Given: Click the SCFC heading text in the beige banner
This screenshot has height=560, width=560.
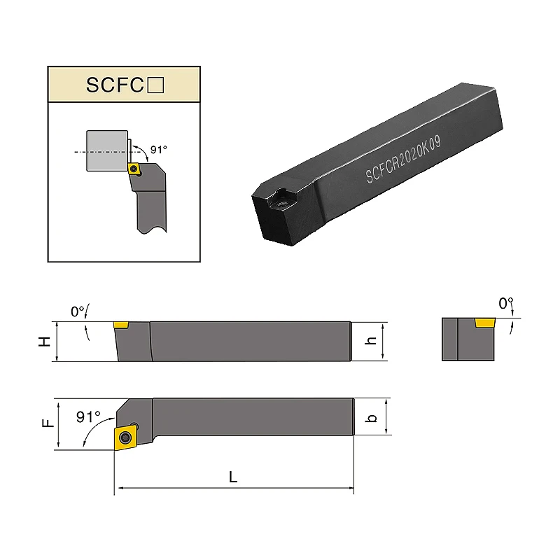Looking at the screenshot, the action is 115,85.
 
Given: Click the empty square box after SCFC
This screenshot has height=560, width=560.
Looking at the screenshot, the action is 155,85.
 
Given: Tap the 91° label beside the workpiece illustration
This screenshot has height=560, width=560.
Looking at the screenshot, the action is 159,150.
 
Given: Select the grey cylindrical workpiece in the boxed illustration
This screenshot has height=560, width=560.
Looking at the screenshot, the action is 107,150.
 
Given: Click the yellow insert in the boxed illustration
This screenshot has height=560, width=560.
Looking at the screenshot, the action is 134,169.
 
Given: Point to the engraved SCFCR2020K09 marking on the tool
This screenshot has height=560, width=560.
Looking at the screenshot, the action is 403,159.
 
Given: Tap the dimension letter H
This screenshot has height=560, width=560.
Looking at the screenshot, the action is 45,342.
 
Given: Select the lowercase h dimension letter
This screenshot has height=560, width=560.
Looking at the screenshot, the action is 371,341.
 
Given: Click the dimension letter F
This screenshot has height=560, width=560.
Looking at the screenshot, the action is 48,423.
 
